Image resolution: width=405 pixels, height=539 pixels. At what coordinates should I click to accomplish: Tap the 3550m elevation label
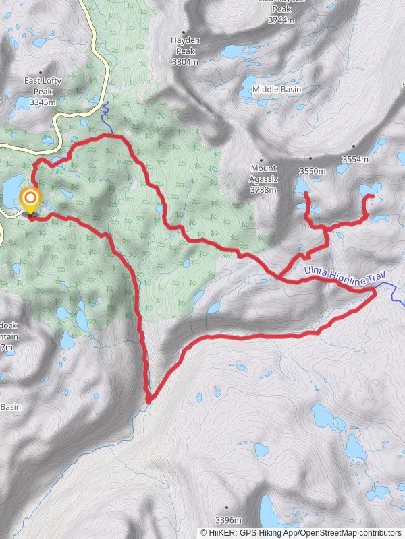point(313,171)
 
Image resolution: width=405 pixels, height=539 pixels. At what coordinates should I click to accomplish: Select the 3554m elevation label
point(355,159)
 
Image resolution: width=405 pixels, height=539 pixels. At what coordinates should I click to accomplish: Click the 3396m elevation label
point(227,520)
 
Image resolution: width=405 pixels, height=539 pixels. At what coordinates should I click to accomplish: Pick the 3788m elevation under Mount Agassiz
point(263,190)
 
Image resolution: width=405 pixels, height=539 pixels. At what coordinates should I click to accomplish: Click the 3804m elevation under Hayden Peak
point(185,61)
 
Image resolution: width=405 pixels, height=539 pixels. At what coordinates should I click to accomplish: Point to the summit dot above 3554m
point(354,146)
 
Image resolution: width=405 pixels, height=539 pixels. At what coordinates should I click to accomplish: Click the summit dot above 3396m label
point(227,507)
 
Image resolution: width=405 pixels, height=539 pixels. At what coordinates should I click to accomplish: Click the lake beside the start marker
point(11,192)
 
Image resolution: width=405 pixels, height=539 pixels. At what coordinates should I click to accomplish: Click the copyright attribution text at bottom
point(300,532)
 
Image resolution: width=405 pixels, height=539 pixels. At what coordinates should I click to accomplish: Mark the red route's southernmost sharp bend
point(148,402)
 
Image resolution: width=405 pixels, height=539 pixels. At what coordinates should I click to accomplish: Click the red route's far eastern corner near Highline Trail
point(375,290)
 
